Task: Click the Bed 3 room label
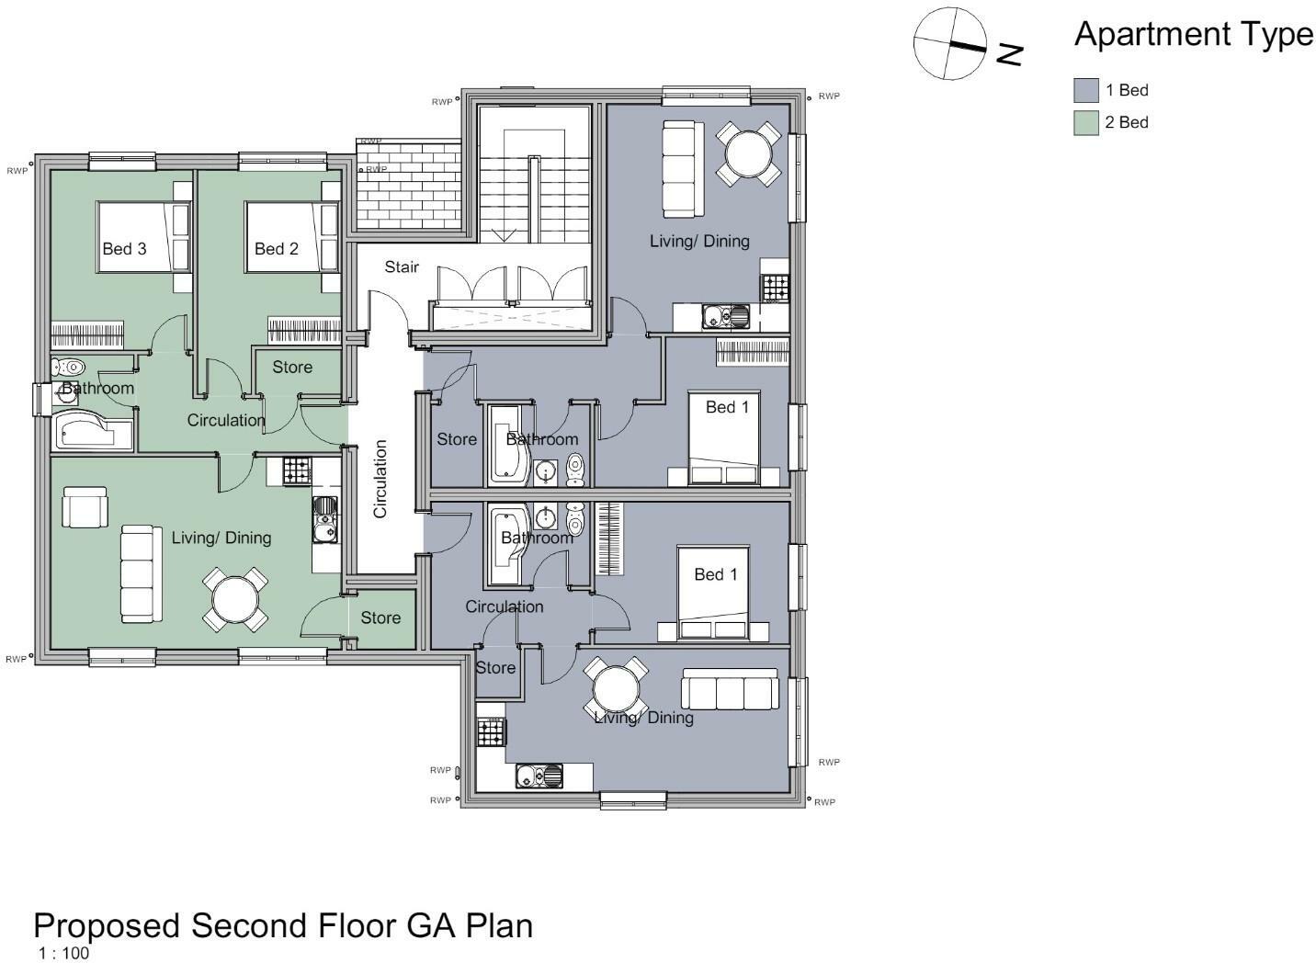pyautogui.click(x=124, y=248)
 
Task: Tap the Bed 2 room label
pyautogui.click(x=277, y=248)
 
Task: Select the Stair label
pyautogui.click(x=402, y=266)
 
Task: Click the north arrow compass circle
pyautogui.click(x=949, y=43)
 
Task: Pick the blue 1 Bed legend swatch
pyautogui.click(x=1086, y=90)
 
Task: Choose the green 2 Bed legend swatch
pyautogui.click(x=1086, y=122)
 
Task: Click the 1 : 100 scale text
pyautogui.click(x=63, y=953)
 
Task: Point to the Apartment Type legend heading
pyautogui.click(x=1193, y=35)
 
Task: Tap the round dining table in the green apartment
pyautogui.click(x=236, y=600)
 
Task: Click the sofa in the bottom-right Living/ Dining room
pyautogui.click(x=730, y=688)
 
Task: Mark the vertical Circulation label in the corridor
pyautogui.click(x=380, y=479)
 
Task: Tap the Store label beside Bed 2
pyautogui.click(x=292, y=367)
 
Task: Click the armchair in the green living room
pyautogui.click(x=85, y=507)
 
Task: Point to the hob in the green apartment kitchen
pyautogui.click(x=296, y=471)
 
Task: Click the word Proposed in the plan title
pyautogui.click(x=108, y=924)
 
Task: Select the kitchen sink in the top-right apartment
pyautogui.click(x=726, y=317)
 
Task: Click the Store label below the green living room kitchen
pyautogui.click(x=380, y=617)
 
